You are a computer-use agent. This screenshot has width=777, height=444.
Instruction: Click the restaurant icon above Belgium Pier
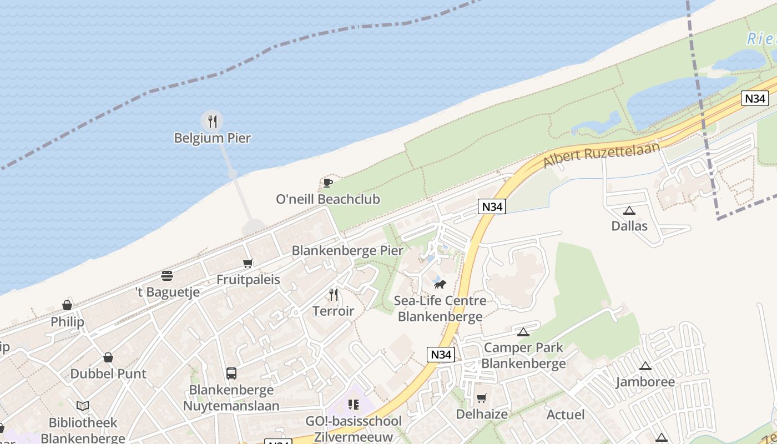pyautogui.click(x=212, y=121)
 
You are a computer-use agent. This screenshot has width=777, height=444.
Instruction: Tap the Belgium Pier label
pyautogui.click(x=213, y=138)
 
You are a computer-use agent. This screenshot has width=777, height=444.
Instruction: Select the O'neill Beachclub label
pyautogui.click(x=328, y=199)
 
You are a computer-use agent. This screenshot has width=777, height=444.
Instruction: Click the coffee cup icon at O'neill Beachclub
pyautogui.click(x=327, y=183)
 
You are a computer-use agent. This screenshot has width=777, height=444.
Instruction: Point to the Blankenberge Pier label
pyautogui.click(x=347, y=251)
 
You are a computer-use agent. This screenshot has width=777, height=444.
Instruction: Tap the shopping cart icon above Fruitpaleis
pyautogui.click(x=248, y=263)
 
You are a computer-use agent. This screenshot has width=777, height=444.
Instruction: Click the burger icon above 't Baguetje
pyautogui.click(x=167, y=276)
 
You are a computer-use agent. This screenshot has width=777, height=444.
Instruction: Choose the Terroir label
pyautogui.click(x=333, y=311)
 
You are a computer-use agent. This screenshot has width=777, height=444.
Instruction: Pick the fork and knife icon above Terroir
pyautogui.click(x=334, y=294)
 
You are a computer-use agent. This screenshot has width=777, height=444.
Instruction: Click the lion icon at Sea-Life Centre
pyautogui.click(x=440, y=285)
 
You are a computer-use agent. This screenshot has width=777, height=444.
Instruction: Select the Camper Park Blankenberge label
pyautogui.click(x=523, y=356)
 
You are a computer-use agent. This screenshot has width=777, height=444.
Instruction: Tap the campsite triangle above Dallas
pyautogui.click(x=629, y=210)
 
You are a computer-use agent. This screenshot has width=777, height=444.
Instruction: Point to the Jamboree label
pyautogui.click(x=645, y=382)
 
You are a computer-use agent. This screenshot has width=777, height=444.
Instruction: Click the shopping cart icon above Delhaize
pyautogui.click(x=482, y=398)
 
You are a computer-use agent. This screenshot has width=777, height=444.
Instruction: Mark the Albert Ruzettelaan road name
pyautogui.click(x=602, y=155)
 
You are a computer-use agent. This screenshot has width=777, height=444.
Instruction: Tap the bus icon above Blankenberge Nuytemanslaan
pyautogui.click(x=231, y=374)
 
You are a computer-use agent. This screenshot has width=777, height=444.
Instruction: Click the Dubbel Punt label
pyautogui.click(x=108, y=374)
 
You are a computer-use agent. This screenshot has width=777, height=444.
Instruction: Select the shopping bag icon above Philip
pyautogui.click(x=67, y=305)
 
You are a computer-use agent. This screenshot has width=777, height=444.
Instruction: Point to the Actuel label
pyautogui.click(x=566, y=415)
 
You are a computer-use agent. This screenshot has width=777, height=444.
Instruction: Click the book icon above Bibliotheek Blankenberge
pyautogui.click(x=83, y=406)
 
